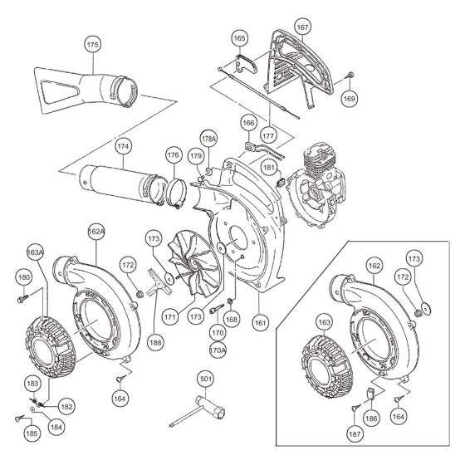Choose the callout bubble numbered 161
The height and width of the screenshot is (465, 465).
(x=262, y=317)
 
